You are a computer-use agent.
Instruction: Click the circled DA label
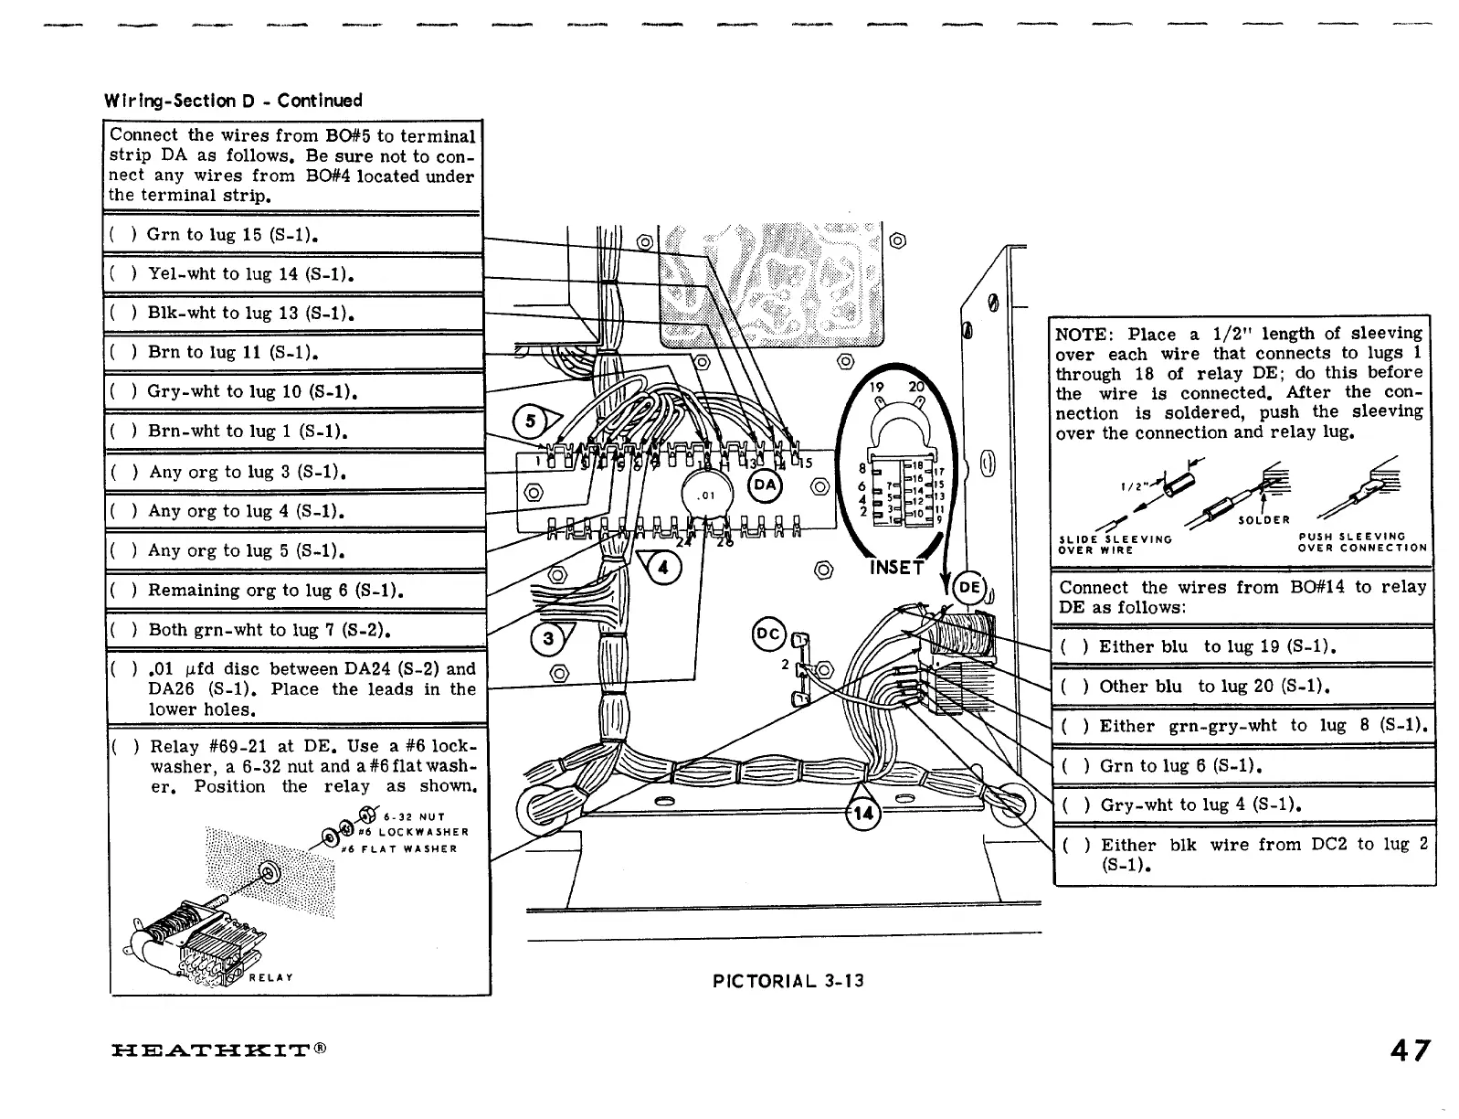765,485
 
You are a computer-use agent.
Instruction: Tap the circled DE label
969,587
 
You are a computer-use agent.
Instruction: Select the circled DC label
767,633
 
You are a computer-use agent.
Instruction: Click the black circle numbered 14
862,813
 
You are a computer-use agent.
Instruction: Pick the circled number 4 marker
662,568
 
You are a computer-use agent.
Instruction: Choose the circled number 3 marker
548,638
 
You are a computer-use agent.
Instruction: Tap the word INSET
897,568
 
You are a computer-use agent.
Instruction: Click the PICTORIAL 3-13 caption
788,982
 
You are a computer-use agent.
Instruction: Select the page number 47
1410,1050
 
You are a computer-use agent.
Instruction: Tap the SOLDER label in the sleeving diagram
1263,520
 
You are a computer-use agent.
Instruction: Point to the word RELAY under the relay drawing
270,977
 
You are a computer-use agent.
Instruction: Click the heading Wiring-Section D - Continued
233,101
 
